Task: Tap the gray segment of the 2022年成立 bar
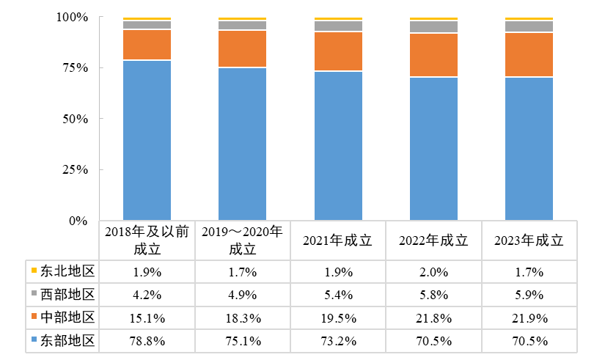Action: [x=433, y=27]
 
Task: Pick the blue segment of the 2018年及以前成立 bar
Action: [x=147, y=139]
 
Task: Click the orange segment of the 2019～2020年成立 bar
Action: [x=242, y=48]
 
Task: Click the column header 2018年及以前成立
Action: [x=147, y=240]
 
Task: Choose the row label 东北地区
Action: [x=68, y=271]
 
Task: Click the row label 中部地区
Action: [x=68, y=317]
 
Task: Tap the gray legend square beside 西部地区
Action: [x=34, y=295]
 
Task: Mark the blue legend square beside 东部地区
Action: [x=34, y=341]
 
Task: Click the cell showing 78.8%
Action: [x=147, y=341]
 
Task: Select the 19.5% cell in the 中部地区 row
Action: [x=338, y=318]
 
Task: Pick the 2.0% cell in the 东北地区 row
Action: [x=433, y=272]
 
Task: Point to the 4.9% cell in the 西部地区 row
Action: [x=242, y=295]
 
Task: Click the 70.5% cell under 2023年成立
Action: [x=529, y=341]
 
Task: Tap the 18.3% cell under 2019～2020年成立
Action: [x=242, y=318]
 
